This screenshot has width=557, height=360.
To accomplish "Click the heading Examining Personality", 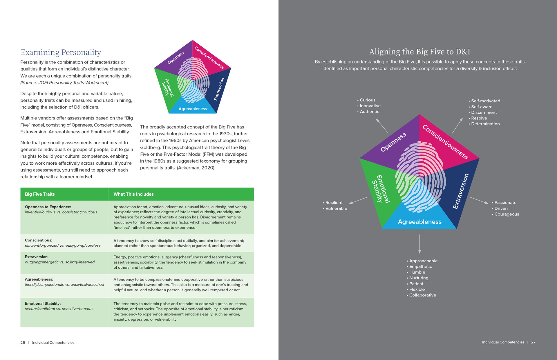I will tap(61, 52).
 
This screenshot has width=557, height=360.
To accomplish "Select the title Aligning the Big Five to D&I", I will tap(419, 52).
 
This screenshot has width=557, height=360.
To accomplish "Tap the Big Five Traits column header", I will tap(40, 194).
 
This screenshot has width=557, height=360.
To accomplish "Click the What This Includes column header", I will tap(133, 194).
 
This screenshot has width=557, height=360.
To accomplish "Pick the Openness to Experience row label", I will tap(48, 207).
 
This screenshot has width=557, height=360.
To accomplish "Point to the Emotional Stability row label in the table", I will tap(43, 303).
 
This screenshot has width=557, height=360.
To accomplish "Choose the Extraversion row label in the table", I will tap(37, 257).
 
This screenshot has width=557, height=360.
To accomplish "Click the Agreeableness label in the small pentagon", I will tap(193, 109).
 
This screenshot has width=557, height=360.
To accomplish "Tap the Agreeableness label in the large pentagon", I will tap(419, 222).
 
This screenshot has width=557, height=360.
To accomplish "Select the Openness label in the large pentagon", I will tap(393, 142).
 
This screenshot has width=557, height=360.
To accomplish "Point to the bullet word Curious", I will tap(367, 100).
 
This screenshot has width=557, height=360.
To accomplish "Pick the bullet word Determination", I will tap(485, 124).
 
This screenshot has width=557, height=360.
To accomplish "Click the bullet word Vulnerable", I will tap(336, 208).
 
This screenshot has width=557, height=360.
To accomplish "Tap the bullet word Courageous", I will tap(507, 214).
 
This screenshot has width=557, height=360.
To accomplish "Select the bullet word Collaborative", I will tap(422, 295).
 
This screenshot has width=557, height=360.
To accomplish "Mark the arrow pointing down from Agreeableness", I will tap(419, 244).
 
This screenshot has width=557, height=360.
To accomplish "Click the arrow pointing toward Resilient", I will tap(358, 200).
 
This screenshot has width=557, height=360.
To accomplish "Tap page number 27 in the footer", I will tap(533, 342).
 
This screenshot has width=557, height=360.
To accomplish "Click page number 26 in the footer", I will tap(23, 343).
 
